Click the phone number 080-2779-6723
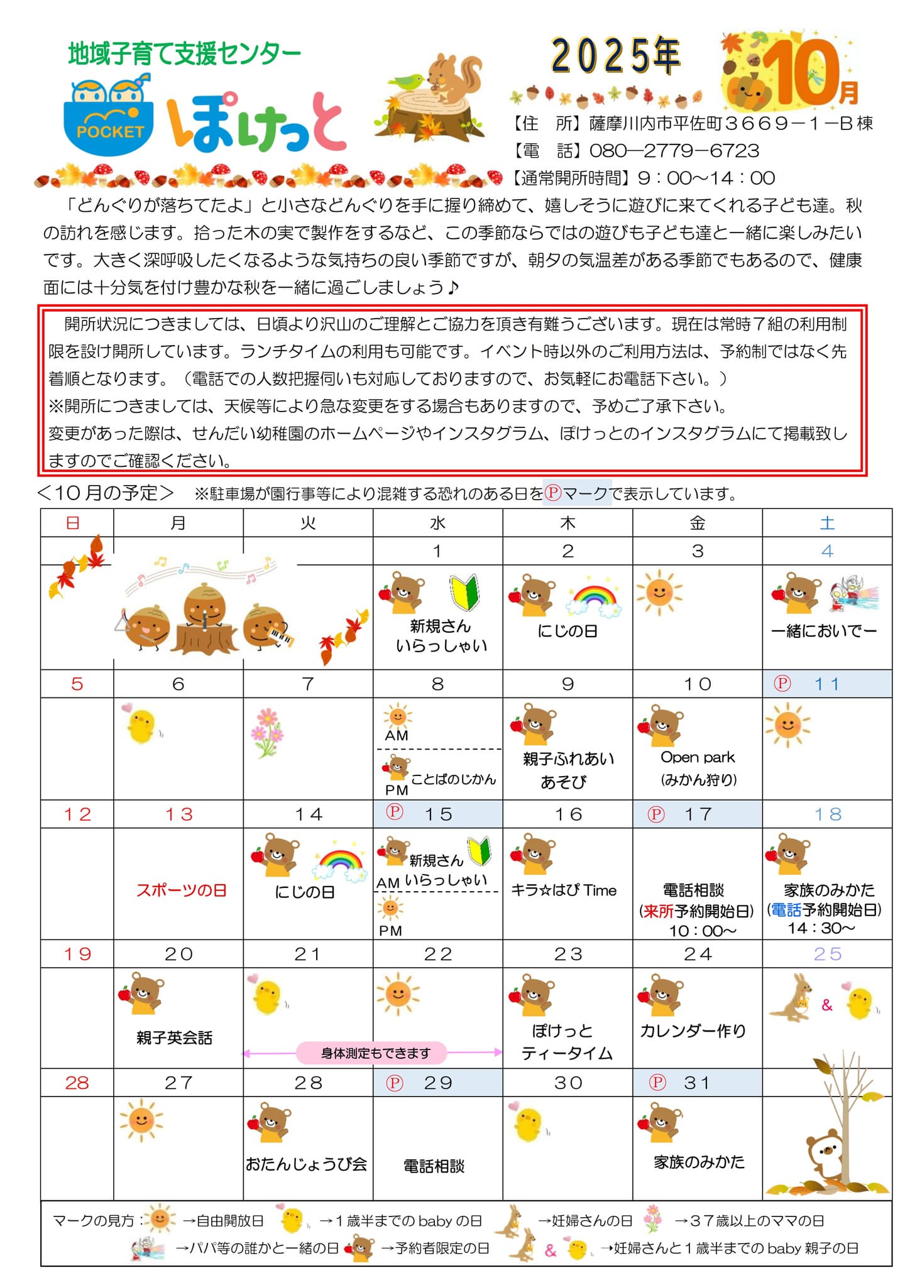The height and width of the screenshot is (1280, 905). [x=674, y=151]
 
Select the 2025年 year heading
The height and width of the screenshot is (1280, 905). [x=615, y=55]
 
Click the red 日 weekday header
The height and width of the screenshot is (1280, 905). [x=73, y=523]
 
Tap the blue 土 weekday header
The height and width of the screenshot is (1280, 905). [x=827, y=523]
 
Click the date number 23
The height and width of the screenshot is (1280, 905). [x=568, y=954]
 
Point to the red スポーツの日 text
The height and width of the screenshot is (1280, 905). [x=181, y=890]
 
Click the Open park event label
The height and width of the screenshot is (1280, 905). [x=698, y=757]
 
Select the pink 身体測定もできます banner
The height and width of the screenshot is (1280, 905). [x=375, y=1053]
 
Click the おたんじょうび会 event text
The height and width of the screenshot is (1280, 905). [x=307, y=1164]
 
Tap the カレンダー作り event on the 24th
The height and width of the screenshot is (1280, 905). [x=693, y=1031]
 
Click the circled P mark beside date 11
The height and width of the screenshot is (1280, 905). [x=782, y=684]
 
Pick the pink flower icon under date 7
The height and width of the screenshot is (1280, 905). [x=267, y=731]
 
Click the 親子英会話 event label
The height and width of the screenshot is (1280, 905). [x=174, y=1037]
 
